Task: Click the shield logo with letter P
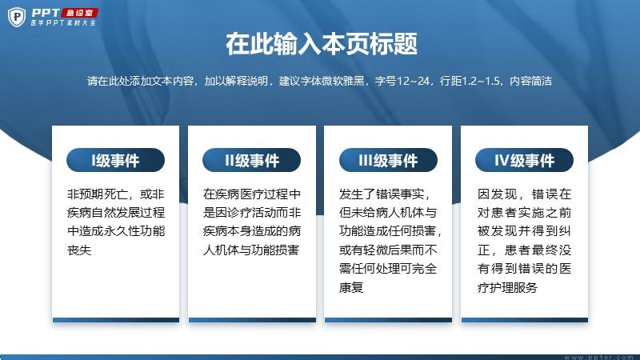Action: click(x=17, y=17)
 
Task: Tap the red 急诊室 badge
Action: click(x=79, y=13)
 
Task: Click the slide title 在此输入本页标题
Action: click(x=322, y=44)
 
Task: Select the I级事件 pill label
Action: click(x=115, y=160)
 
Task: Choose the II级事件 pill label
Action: click(x=251, y=160)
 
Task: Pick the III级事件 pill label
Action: click(x=388, y=160)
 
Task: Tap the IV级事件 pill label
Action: click(x=524, y=160)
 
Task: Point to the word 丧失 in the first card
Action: click(x=79, y=250)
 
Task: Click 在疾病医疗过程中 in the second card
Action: click(x=252, y=194)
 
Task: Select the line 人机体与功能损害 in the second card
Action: click(x=251, y=250)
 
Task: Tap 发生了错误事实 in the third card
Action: click(x=382, y=194)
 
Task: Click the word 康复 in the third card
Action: click(x=351, y=287)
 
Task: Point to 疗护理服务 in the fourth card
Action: click(x=507, y=287)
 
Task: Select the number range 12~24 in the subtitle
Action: click(x=413, y=81)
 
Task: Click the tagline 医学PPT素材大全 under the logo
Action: click(x=63, y=23)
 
